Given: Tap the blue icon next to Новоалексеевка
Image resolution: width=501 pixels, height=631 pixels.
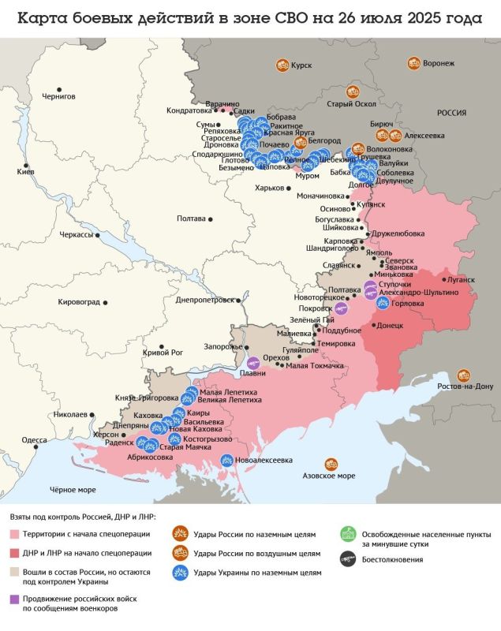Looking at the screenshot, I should coord(227,460).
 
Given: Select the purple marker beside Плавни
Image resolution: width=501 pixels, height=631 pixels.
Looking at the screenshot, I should coord(253,363).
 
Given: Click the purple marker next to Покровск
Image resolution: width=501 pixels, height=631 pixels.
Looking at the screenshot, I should coord(340,308).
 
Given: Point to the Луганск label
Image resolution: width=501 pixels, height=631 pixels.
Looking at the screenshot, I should coord(462,279).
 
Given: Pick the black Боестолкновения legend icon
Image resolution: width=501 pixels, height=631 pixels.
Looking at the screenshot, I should coord(346,559).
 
